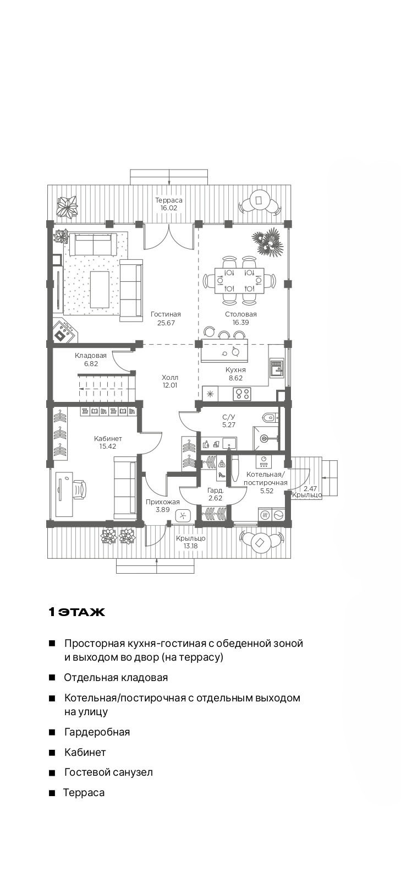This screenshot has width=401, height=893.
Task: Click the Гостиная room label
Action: point(166,314)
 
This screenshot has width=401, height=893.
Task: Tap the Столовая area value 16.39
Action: point(240,323)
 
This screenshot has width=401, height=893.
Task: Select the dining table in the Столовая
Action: point(239,280)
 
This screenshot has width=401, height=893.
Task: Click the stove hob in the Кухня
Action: point(241,394)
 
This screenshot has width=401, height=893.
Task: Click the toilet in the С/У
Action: point(271,418)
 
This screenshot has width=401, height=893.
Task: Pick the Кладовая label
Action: point(91,355)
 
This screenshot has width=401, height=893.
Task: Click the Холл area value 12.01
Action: point(169,385)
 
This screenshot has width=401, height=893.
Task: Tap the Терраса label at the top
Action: point(169,200)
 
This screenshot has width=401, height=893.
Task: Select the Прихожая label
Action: point(162,502)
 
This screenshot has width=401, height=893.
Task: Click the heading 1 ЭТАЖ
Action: point(77,612)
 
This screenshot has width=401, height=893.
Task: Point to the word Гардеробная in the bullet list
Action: point(97,732)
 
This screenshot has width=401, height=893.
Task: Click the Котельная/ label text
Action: point(266,475)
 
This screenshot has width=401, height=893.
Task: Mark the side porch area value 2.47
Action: point(310,489)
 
